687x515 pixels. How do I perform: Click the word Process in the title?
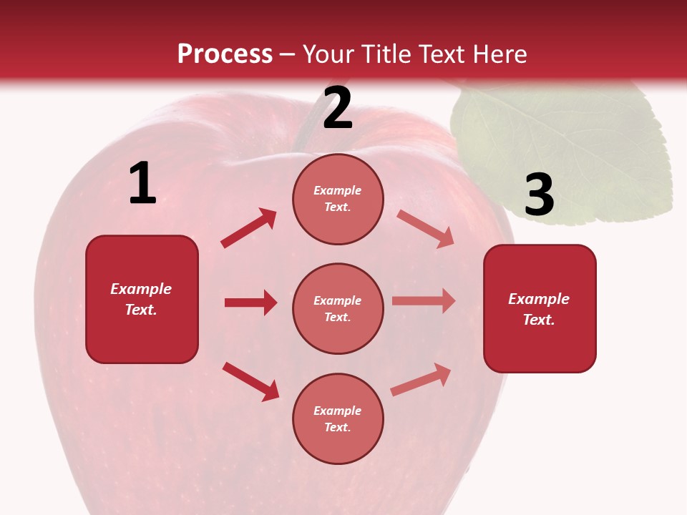click(225, 54)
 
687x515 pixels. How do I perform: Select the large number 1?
click(142, 184)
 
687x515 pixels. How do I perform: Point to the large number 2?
click(338, 109)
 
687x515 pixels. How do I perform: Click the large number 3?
click(539, 195)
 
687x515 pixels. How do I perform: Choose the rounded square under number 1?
click(142, 299)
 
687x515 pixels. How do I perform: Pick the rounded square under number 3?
click(540, 308)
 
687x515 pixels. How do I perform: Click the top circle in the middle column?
click(338, 199)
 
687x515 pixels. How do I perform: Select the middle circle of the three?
click(338, 308)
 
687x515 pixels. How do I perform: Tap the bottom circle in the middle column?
click(338, 418)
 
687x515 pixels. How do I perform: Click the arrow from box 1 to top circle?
click(249, 228)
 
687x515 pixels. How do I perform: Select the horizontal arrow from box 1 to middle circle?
click(250, 303)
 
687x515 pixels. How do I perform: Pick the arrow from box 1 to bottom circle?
click(250, 381)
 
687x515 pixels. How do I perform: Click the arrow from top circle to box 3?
click(426, 229)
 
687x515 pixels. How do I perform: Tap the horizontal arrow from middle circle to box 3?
click(424, 301)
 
